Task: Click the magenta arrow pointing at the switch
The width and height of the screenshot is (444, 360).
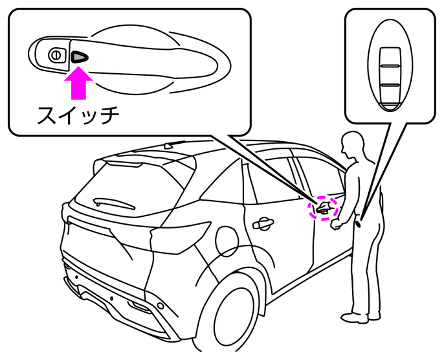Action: (x=79, y=84)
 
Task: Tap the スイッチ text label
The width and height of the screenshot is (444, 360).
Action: (x=78, y=116)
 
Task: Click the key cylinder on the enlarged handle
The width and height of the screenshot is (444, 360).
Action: (x=56, y=55)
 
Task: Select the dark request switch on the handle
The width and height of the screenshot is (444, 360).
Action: (x=79, y=57)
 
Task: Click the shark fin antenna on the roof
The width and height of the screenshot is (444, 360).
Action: (x=170, y=146)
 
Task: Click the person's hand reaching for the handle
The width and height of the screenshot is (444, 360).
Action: (x=336, y=226)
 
